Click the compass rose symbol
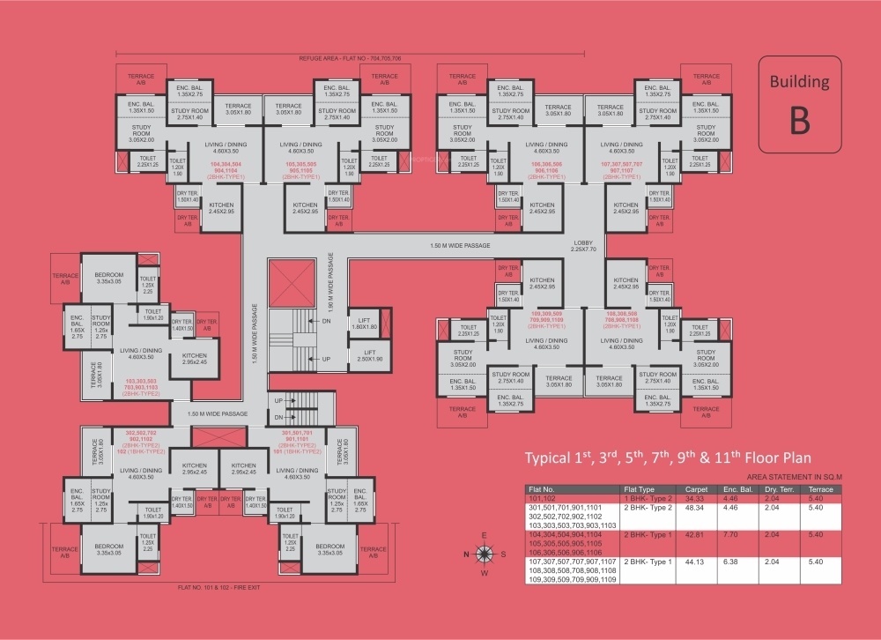[x=485, y=554]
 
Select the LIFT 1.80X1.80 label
[x=363, y=324]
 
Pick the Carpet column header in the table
[x=696, y=488]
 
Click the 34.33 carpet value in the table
[x=696, y=498]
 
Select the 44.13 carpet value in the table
[x=696, y=562]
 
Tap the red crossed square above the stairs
[x=285, y=281]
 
